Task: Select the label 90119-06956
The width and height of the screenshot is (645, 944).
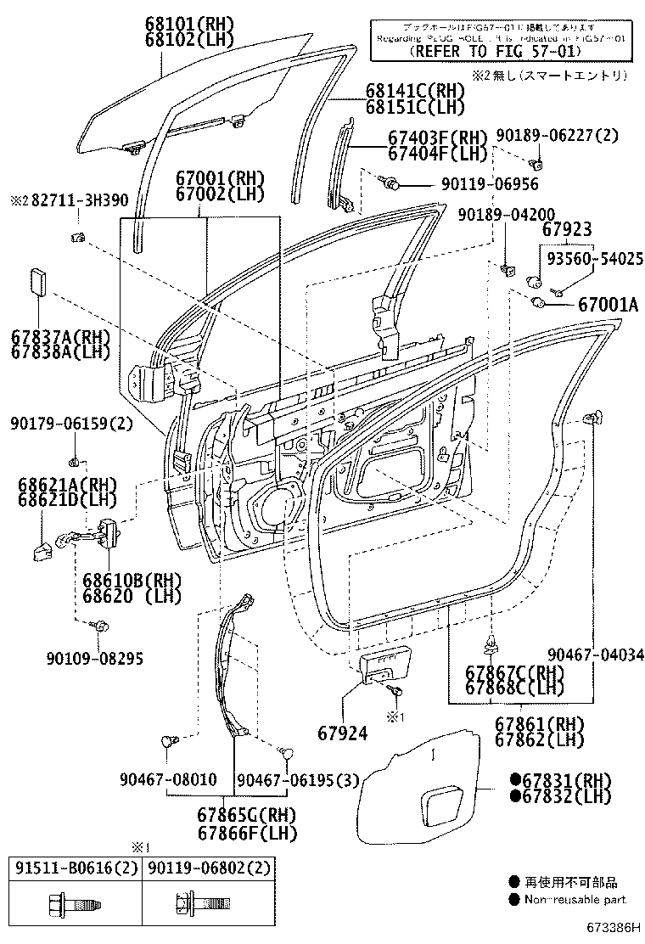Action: (489, 183)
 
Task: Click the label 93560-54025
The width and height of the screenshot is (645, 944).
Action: (594, 257)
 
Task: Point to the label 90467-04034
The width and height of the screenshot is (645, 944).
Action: (595, 655)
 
